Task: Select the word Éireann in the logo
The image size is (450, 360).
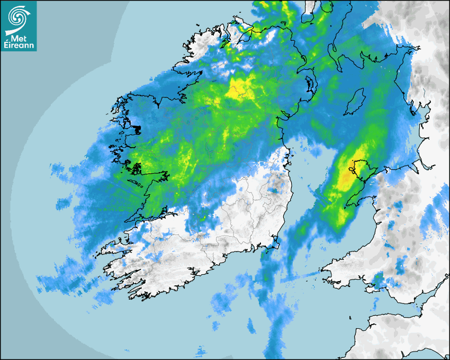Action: click(19, 46)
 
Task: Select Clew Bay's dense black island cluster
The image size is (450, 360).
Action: click(136, 129)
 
